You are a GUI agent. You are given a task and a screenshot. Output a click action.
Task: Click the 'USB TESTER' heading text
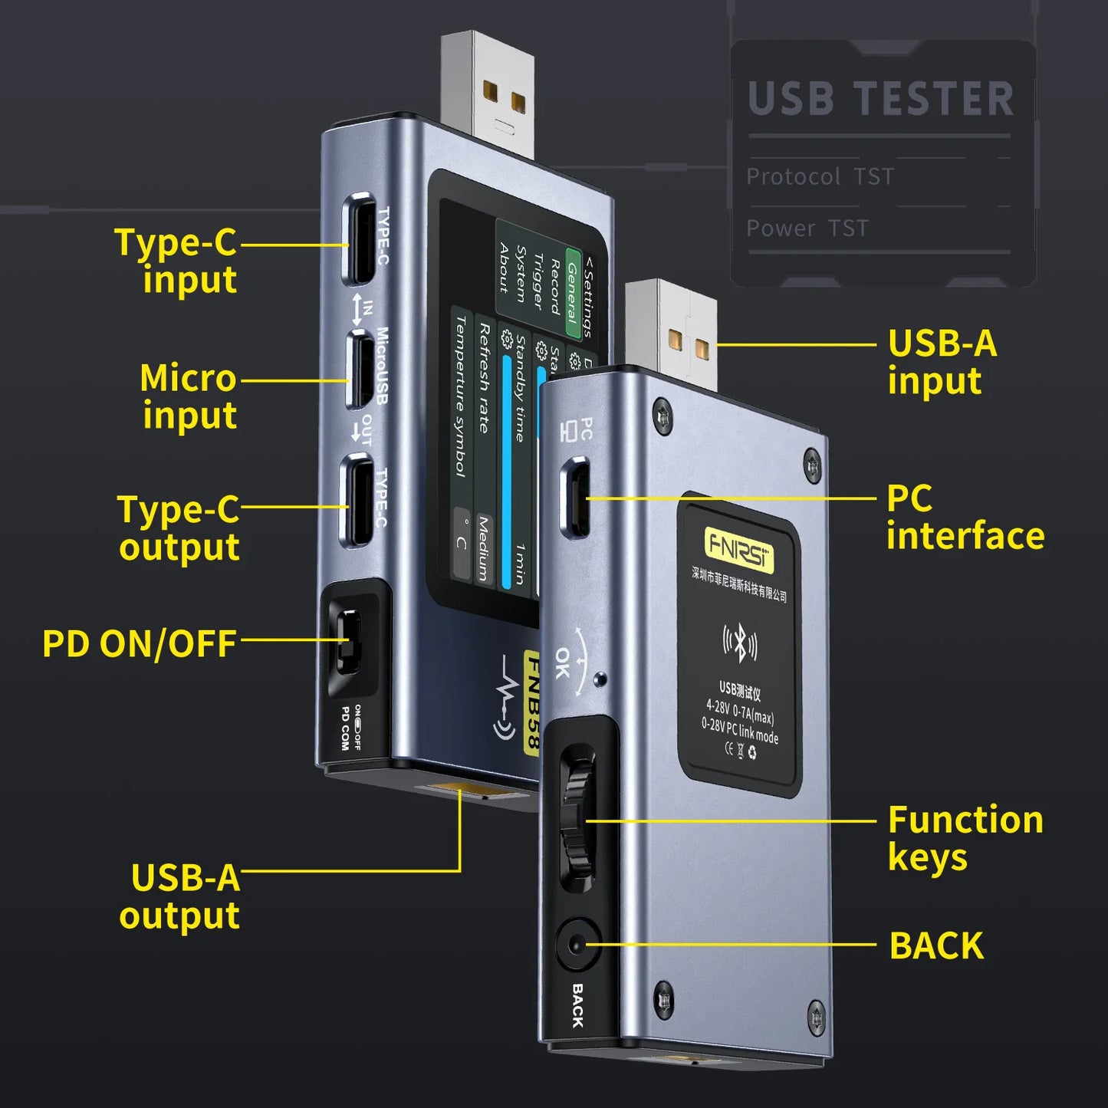tap(880, 99)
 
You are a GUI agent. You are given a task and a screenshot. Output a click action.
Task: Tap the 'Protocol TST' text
tap(820, 176)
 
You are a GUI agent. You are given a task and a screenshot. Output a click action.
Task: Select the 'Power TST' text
tap(807, 228)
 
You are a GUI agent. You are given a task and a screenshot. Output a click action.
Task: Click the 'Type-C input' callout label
tap(176, 260)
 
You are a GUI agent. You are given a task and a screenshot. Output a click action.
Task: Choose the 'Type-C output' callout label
tap(179, 528)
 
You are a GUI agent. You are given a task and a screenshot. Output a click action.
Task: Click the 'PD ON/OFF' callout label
tap(139, 643)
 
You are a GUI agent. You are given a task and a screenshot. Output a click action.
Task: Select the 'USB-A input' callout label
tap(942, 361)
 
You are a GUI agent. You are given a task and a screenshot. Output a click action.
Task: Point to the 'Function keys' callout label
tap(965, 837)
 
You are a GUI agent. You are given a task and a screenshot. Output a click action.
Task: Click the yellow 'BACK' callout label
tap(936, 945)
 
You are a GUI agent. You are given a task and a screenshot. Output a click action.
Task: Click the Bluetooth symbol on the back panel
tap(739, 643)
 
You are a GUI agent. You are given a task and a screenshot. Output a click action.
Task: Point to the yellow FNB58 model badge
tap(532, 702)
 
